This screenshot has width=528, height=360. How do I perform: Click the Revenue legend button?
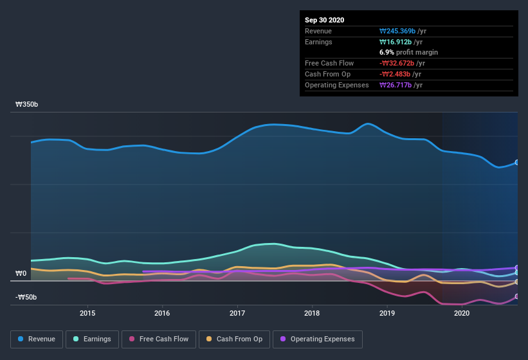(37, 339)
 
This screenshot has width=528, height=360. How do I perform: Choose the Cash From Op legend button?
(234, 339)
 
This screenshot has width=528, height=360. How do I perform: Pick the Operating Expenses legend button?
(318, 339)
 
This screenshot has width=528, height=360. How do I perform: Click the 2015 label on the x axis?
(87, 313)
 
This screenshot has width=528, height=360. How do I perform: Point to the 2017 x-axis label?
(237, 313)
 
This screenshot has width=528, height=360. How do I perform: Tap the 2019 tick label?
(387, 313)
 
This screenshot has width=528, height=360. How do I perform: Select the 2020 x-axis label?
(462, 313)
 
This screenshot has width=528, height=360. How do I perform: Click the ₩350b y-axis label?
(26, 104)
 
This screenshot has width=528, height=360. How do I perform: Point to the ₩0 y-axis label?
(21, 274)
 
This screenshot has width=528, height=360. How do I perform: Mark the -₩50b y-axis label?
(26, 297)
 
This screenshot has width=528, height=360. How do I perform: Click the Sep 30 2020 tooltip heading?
(325, 20)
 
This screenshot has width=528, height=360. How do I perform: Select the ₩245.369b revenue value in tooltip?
(402, 31)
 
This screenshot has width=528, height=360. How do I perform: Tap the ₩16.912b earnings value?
(400, 42)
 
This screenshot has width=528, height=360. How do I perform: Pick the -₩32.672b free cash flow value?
(403, 63)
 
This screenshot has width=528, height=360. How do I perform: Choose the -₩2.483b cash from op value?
(401, 74)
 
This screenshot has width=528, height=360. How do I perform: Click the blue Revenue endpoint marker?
(517, 163)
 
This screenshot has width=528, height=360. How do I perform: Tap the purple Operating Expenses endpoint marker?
(517, 268)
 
